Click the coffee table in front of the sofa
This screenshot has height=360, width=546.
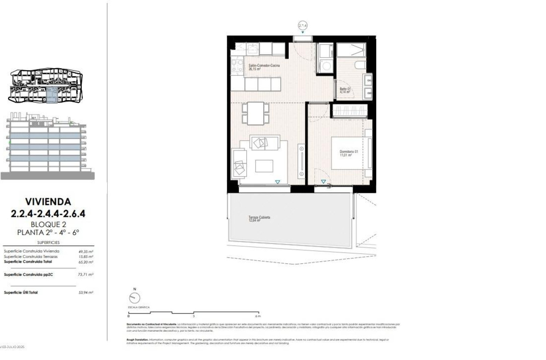click(x=264, y=166)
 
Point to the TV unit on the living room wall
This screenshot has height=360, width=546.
click(x=301, y=161)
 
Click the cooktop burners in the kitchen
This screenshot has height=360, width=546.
click(x=234, y=66)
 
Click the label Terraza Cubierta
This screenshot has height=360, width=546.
click(x=259, y=217)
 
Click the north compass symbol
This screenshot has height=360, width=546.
click(x=135, y=298)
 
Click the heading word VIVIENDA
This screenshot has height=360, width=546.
click(x=48, y=202)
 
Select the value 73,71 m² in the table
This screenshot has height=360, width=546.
click(x=86, y=274)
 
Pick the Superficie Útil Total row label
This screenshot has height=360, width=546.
click(x=21, y=292)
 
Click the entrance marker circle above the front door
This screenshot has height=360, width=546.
click(x=302, y=25)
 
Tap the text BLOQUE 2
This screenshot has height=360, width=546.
click(x=48, y=224)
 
